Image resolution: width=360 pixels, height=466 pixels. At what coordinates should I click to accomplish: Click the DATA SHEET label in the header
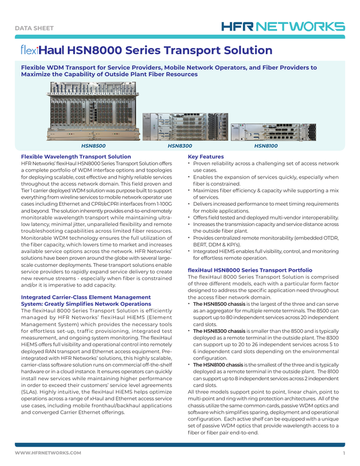click(x=37, y=28)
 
